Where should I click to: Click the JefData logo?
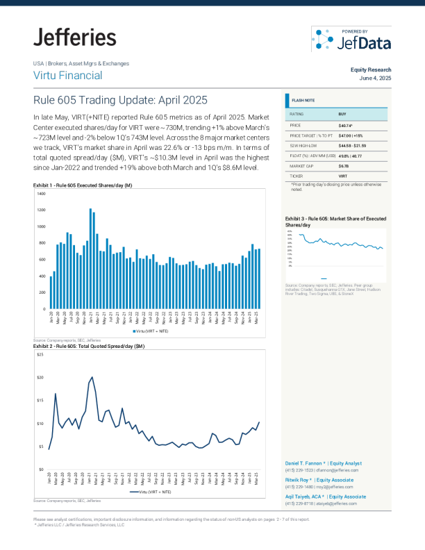351,40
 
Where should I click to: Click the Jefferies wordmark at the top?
74,37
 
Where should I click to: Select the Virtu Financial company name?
67,76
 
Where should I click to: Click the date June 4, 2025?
375,78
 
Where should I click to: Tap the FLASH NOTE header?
303,101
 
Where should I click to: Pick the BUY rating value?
343,114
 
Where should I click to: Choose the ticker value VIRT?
343,178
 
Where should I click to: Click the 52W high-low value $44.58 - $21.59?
357,146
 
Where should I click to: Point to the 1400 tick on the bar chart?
42,193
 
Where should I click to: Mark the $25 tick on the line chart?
40,355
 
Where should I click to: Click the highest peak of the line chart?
92,378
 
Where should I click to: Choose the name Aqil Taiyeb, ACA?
305,497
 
